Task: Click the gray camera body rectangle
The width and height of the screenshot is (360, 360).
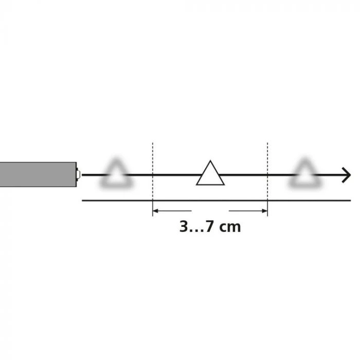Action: [x=38, y=174]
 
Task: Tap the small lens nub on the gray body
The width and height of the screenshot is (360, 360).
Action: [x=78, y=174]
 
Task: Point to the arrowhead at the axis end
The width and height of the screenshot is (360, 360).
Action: [x=347, y=175]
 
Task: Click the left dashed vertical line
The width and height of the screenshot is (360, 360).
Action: [x=153, y=179]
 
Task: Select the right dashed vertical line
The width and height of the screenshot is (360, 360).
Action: [x=267, y=179]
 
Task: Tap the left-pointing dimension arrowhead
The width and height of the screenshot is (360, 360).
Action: [x=156, y=211]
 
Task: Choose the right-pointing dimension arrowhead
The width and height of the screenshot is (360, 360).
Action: [x=264, y=211]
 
